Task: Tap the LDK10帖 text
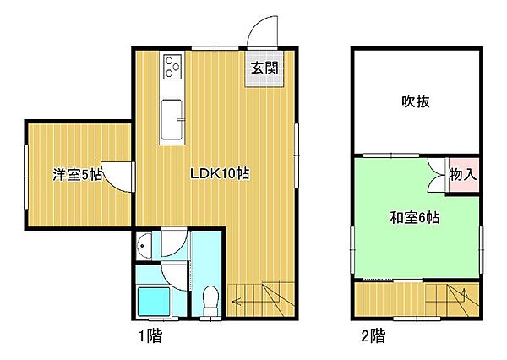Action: (218, 174)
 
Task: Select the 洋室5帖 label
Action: (78, 176)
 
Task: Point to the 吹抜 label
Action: (416, 102)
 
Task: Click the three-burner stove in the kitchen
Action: (173, 65)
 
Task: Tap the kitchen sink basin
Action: (172, 119)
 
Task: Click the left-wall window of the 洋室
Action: (25, 177)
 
